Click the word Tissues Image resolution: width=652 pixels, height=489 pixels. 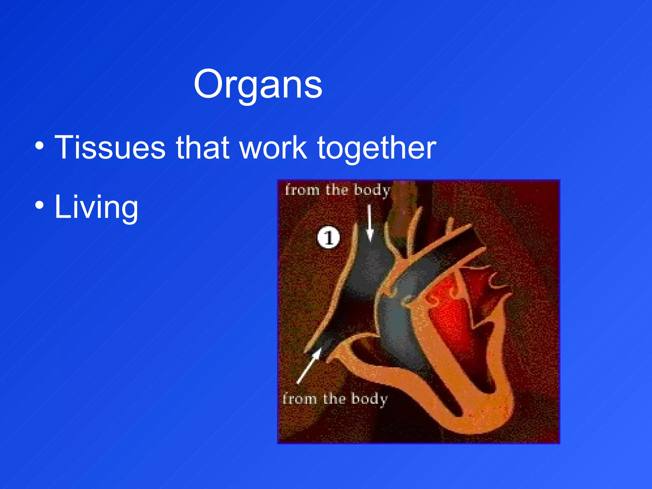(x=110, y=147)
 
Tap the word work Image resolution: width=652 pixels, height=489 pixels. (x=273, y=147)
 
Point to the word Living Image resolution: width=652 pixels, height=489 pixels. (x=96, y=208)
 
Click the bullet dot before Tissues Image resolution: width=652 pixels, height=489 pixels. (x=39, y=146)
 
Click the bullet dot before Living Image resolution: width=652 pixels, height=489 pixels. (x=39, y=206)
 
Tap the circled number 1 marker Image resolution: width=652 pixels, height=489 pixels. (x=328, y=237)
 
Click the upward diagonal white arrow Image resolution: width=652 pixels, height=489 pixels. (x=309, y=366)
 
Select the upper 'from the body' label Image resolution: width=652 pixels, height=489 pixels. (x=337, y=190)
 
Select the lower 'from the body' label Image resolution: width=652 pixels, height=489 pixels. (x=335, y=399)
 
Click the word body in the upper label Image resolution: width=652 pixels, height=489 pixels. (x=372, y=190)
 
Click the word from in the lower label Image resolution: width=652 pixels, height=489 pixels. (x=299, y=399)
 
